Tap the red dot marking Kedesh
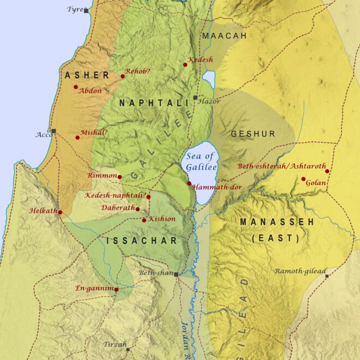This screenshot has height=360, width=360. [x=185, y=65]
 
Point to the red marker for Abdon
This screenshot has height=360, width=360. [x=76, y=87]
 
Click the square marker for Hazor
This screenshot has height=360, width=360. [x=195, y=98]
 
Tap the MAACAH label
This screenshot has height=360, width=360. [x=224, y=35]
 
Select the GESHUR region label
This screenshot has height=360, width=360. [x=253, y=134]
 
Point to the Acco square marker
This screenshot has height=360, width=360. [x=53, y=131]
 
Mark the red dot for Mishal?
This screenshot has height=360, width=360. [x=77, y=137]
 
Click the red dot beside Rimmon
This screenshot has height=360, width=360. [x=119, y=177]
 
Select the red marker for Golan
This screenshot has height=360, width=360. [x=303, y=178]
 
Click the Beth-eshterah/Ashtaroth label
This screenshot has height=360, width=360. [x=281, y=166]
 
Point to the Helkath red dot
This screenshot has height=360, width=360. [x=60, y=212]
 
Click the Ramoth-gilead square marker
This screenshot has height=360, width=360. [x=327, y=276]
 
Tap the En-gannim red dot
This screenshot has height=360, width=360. [x=116, y=289]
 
